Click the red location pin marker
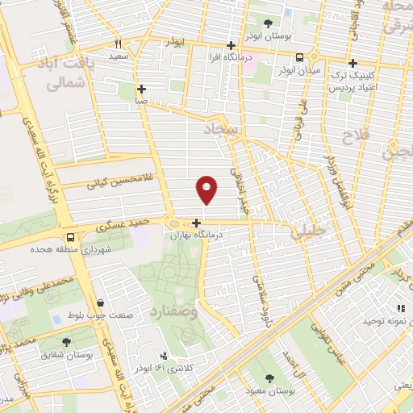(207, 189)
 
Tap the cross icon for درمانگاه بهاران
(197, 222)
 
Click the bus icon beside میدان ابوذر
(300, 57)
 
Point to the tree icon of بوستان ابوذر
(269, 24)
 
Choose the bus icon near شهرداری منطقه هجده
(71, 238)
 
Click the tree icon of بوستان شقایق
(66, 342)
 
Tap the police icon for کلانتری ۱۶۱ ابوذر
(165, 356)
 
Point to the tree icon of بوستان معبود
(269, 377)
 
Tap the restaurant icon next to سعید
(118, 44)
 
